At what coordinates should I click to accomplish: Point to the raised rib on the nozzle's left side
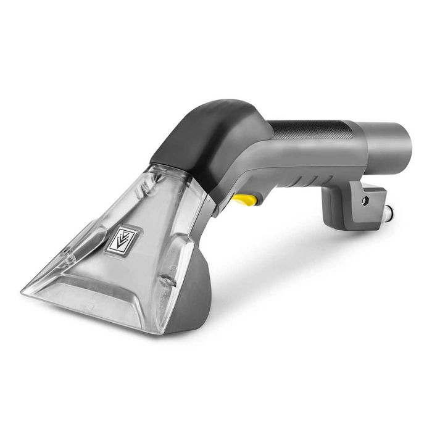[x=86, y=241]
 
